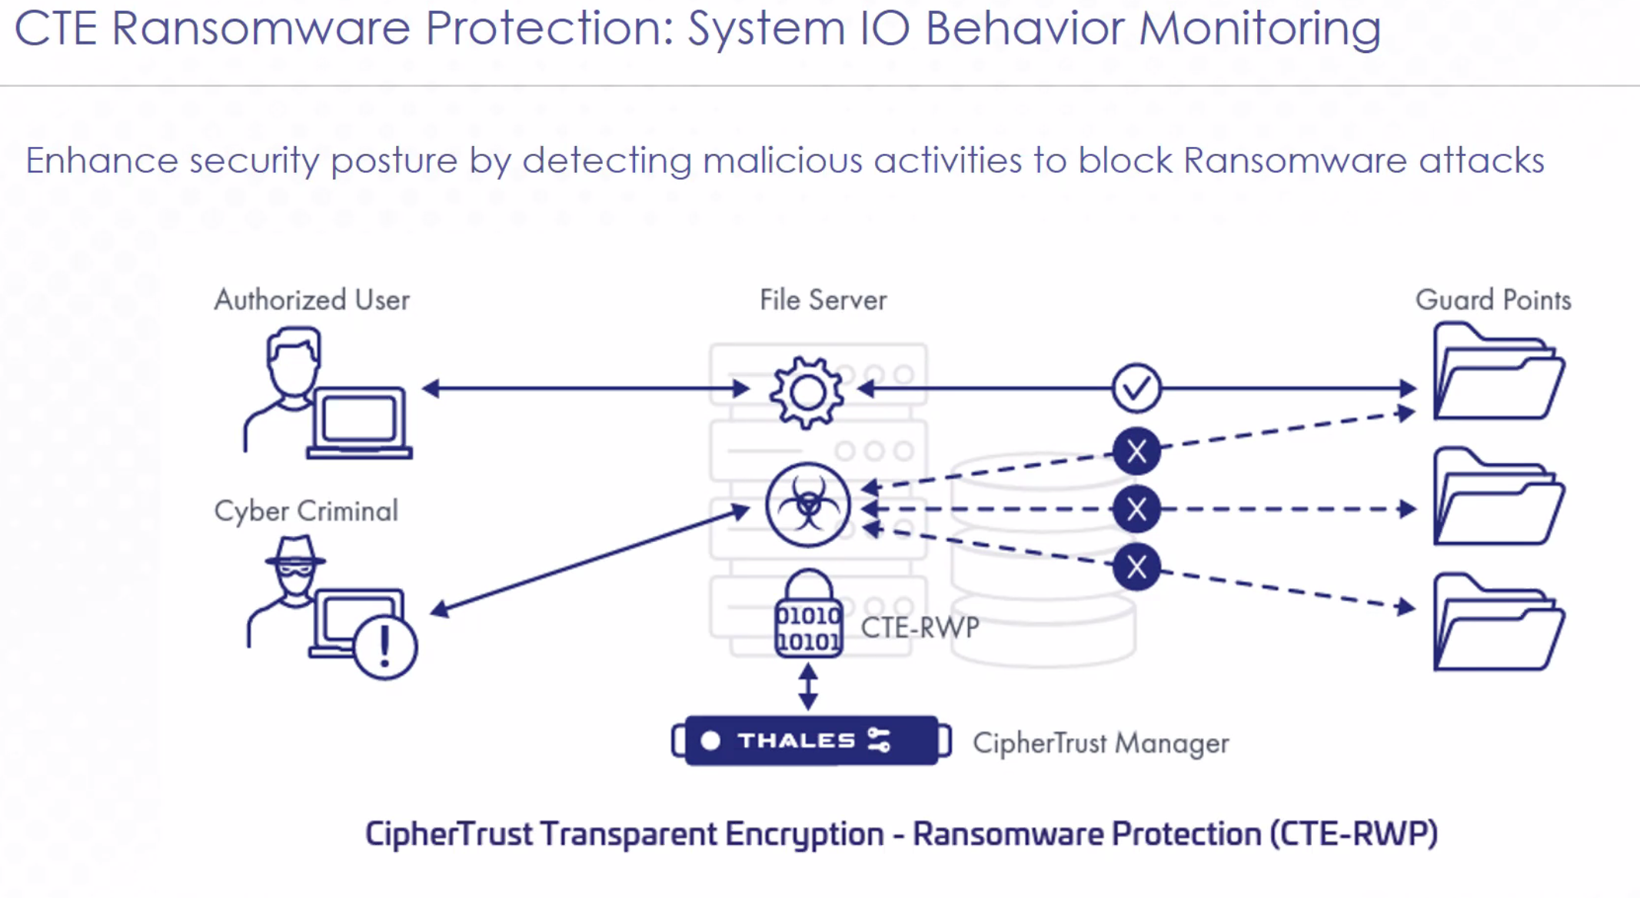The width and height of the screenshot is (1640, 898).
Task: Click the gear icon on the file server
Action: pos(807,392)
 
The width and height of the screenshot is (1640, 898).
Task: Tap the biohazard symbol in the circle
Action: pos(807,505)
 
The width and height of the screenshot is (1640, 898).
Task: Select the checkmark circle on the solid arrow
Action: pos(1136,388)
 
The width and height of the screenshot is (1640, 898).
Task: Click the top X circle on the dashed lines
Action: pos(1136,451)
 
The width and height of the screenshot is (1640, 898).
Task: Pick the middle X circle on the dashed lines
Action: pos(1136,509)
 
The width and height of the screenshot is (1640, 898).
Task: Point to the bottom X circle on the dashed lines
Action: pos(1136,567)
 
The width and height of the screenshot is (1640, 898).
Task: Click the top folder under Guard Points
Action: pos(1498,374)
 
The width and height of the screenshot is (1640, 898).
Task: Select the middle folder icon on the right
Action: pos(1498,498)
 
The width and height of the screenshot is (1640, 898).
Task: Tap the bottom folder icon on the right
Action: pos(1498,624)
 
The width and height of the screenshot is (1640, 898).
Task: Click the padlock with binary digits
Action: pos(808,615)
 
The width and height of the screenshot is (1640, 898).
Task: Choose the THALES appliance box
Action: pos(811,740)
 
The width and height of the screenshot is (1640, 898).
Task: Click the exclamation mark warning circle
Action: pos(385,647)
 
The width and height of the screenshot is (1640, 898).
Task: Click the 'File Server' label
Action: pos(823,300)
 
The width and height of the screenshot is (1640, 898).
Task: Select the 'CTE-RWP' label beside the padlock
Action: pos(920,627)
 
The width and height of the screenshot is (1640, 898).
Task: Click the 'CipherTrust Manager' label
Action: pos(1100,743)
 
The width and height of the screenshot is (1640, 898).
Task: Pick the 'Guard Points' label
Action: pos(1493,300)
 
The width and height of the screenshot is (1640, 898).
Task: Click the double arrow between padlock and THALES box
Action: pos(808,687)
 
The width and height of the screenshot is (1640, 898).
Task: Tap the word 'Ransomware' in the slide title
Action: pos(261,28)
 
